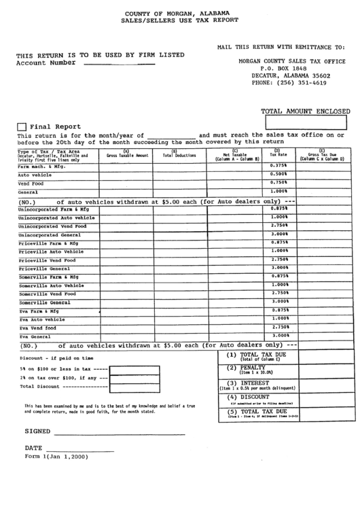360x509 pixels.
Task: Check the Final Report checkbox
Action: [22, 126]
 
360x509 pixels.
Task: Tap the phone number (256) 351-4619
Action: [289, 83]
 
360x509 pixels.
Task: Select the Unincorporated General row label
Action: [50, 234]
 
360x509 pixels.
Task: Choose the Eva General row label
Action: [35, 336]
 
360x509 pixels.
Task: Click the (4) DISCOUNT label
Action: [249, 397]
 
